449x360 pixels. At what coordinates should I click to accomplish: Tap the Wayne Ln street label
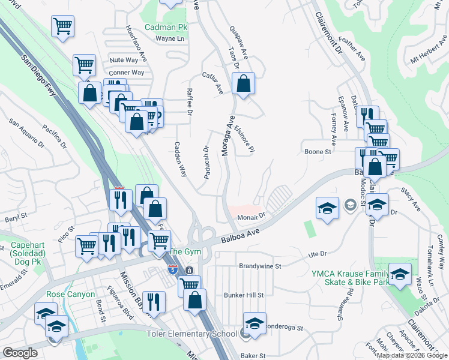point(169,38)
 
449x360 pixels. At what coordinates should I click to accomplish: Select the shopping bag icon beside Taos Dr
point(243,85)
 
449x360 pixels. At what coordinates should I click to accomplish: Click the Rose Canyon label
point(71,294)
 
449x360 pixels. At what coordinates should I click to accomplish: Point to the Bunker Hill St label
point(243,295)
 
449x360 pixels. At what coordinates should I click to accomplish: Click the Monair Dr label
point(251,216)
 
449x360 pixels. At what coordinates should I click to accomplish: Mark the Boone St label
point(318,152)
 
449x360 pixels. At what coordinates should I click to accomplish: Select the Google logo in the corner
point(20,353)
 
